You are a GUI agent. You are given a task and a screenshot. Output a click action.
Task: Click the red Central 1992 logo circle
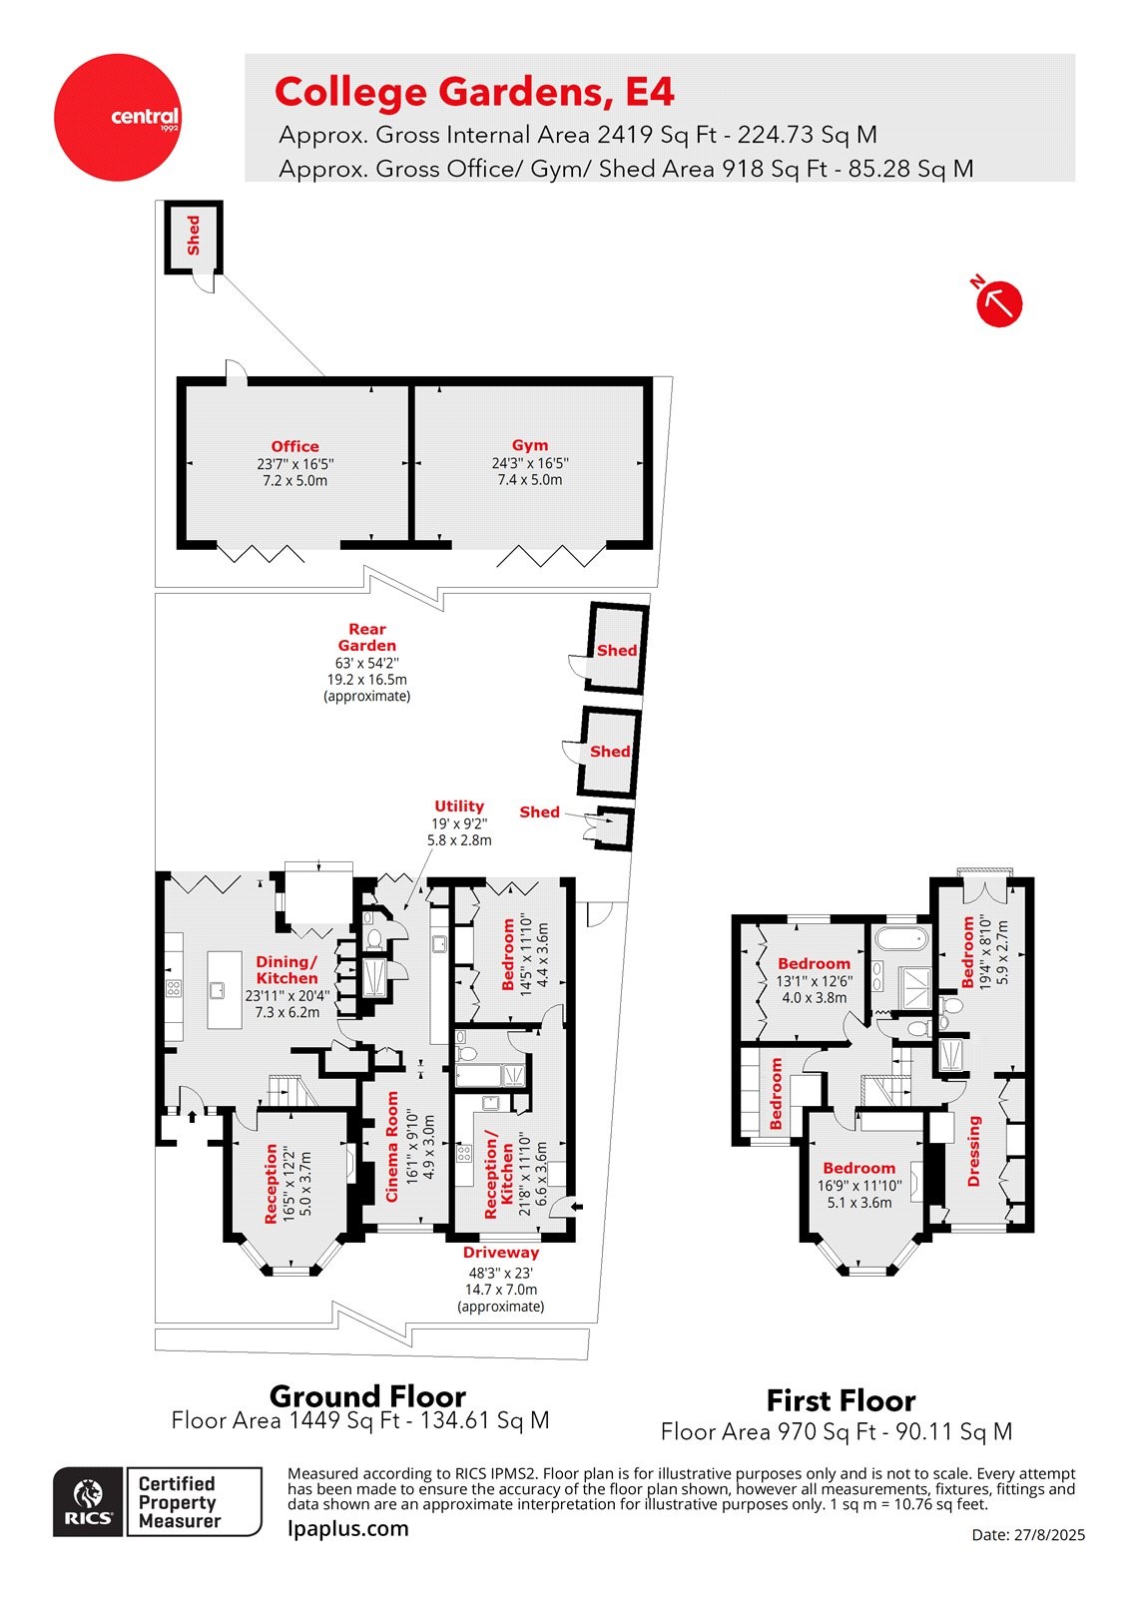coord(118,118)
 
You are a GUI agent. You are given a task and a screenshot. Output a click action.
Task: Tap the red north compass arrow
coord(998,302)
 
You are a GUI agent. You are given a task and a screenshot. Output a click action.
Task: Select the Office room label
coord(294,446)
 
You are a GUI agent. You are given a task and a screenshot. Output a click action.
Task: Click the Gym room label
coord(530,445)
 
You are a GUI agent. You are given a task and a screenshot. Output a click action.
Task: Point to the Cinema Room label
coord(391,1147)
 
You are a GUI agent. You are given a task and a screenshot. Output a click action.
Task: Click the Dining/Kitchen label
coord(286,969)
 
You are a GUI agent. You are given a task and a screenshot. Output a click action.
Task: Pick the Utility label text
coord(459,806)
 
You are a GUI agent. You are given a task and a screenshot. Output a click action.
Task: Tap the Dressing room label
coord(975,1151)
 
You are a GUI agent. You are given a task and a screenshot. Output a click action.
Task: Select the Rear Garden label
coord(367,637)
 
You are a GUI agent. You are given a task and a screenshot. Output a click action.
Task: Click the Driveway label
coord(501,1253)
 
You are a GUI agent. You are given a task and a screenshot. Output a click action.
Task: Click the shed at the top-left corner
coord(193,236)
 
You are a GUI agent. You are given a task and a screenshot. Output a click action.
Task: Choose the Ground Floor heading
coord(367,1395)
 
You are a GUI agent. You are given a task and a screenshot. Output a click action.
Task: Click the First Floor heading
coord(841,1400)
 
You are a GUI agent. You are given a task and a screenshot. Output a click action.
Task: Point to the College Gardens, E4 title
coord(474,92)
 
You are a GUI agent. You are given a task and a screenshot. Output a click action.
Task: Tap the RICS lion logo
coord(89,1500)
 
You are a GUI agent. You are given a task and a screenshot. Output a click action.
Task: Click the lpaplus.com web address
coord(347,1528)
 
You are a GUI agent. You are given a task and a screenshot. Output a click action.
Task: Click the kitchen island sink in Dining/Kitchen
coord(217,990)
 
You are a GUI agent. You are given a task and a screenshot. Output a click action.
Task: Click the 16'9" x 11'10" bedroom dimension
coord(858,1186)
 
